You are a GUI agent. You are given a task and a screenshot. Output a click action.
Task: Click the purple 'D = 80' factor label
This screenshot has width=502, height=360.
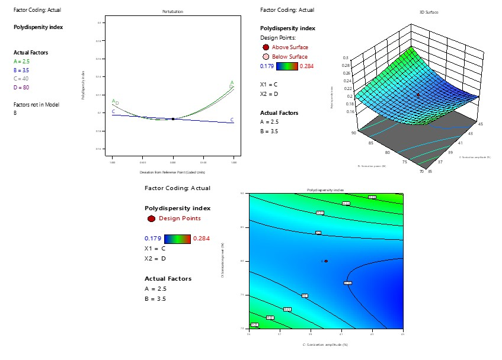[x=21, y=88]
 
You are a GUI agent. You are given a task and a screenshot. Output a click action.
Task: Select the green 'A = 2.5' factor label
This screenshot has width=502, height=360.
[x=22, y=61]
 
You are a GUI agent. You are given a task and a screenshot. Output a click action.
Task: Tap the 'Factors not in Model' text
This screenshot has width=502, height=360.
[x=36, y=105]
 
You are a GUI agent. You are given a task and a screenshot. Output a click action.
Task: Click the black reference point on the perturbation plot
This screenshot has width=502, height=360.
[x=172, y=119]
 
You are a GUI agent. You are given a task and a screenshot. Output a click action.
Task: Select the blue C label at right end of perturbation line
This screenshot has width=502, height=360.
[x=232, y=120]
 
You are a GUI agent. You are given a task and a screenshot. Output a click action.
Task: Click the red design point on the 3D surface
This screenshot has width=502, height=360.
[x=418, y=95]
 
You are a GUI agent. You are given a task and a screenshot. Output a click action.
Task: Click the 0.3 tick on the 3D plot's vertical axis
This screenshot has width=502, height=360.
[x=346, y=58]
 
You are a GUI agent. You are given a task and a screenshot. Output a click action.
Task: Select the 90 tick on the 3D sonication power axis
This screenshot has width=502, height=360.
[x=353, y=133]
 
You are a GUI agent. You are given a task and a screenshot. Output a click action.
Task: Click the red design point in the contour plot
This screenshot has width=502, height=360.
[x=326, y=261]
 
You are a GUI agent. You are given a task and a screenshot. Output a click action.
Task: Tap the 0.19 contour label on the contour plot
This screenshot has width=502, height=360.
[x=348, y=283]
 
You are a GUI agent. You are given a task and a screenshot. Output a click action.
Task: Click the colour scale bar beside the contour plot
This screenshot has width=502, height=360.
[x=177, y=239]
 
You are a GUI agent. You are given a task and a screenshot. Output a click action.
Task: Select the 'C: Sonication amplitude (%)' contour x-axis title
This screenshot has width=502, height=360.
[x=325, y=343]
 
